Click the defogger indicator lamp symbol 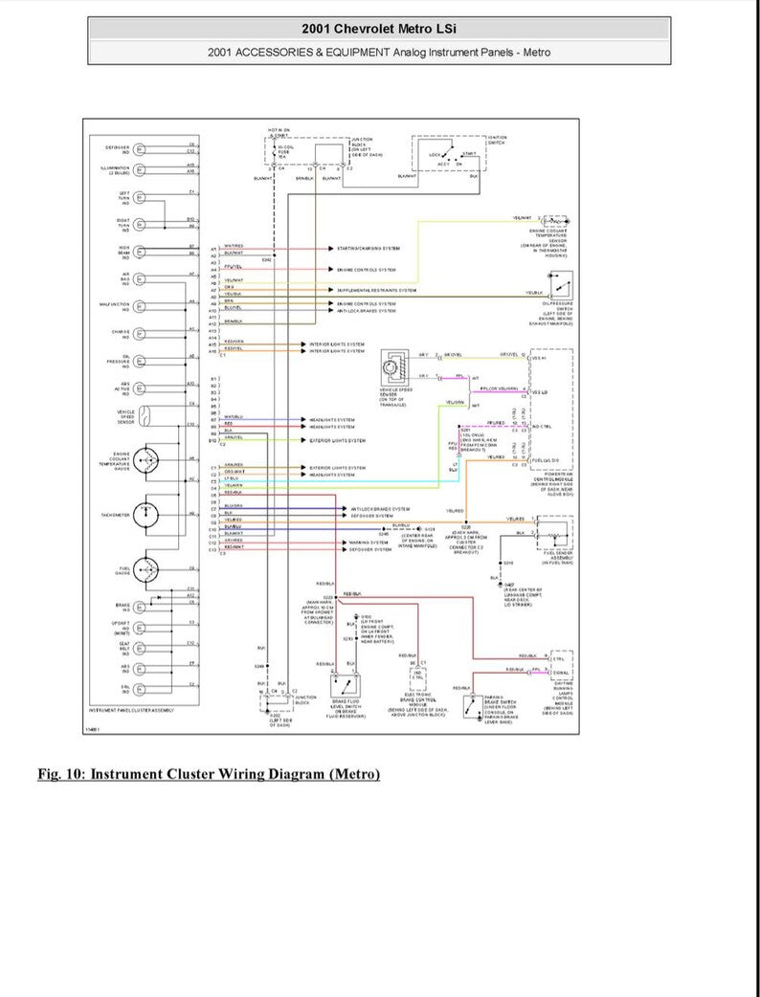click(140, 148)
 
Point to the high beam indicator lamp click(140, 254)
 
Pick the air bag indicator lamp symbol click(140, 280)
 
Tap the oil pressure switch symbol click(562, 285)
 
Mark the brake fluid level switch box click(346, 685)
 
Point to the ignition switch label click(497, 141)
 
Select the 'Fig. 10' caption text click(208, 773)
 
